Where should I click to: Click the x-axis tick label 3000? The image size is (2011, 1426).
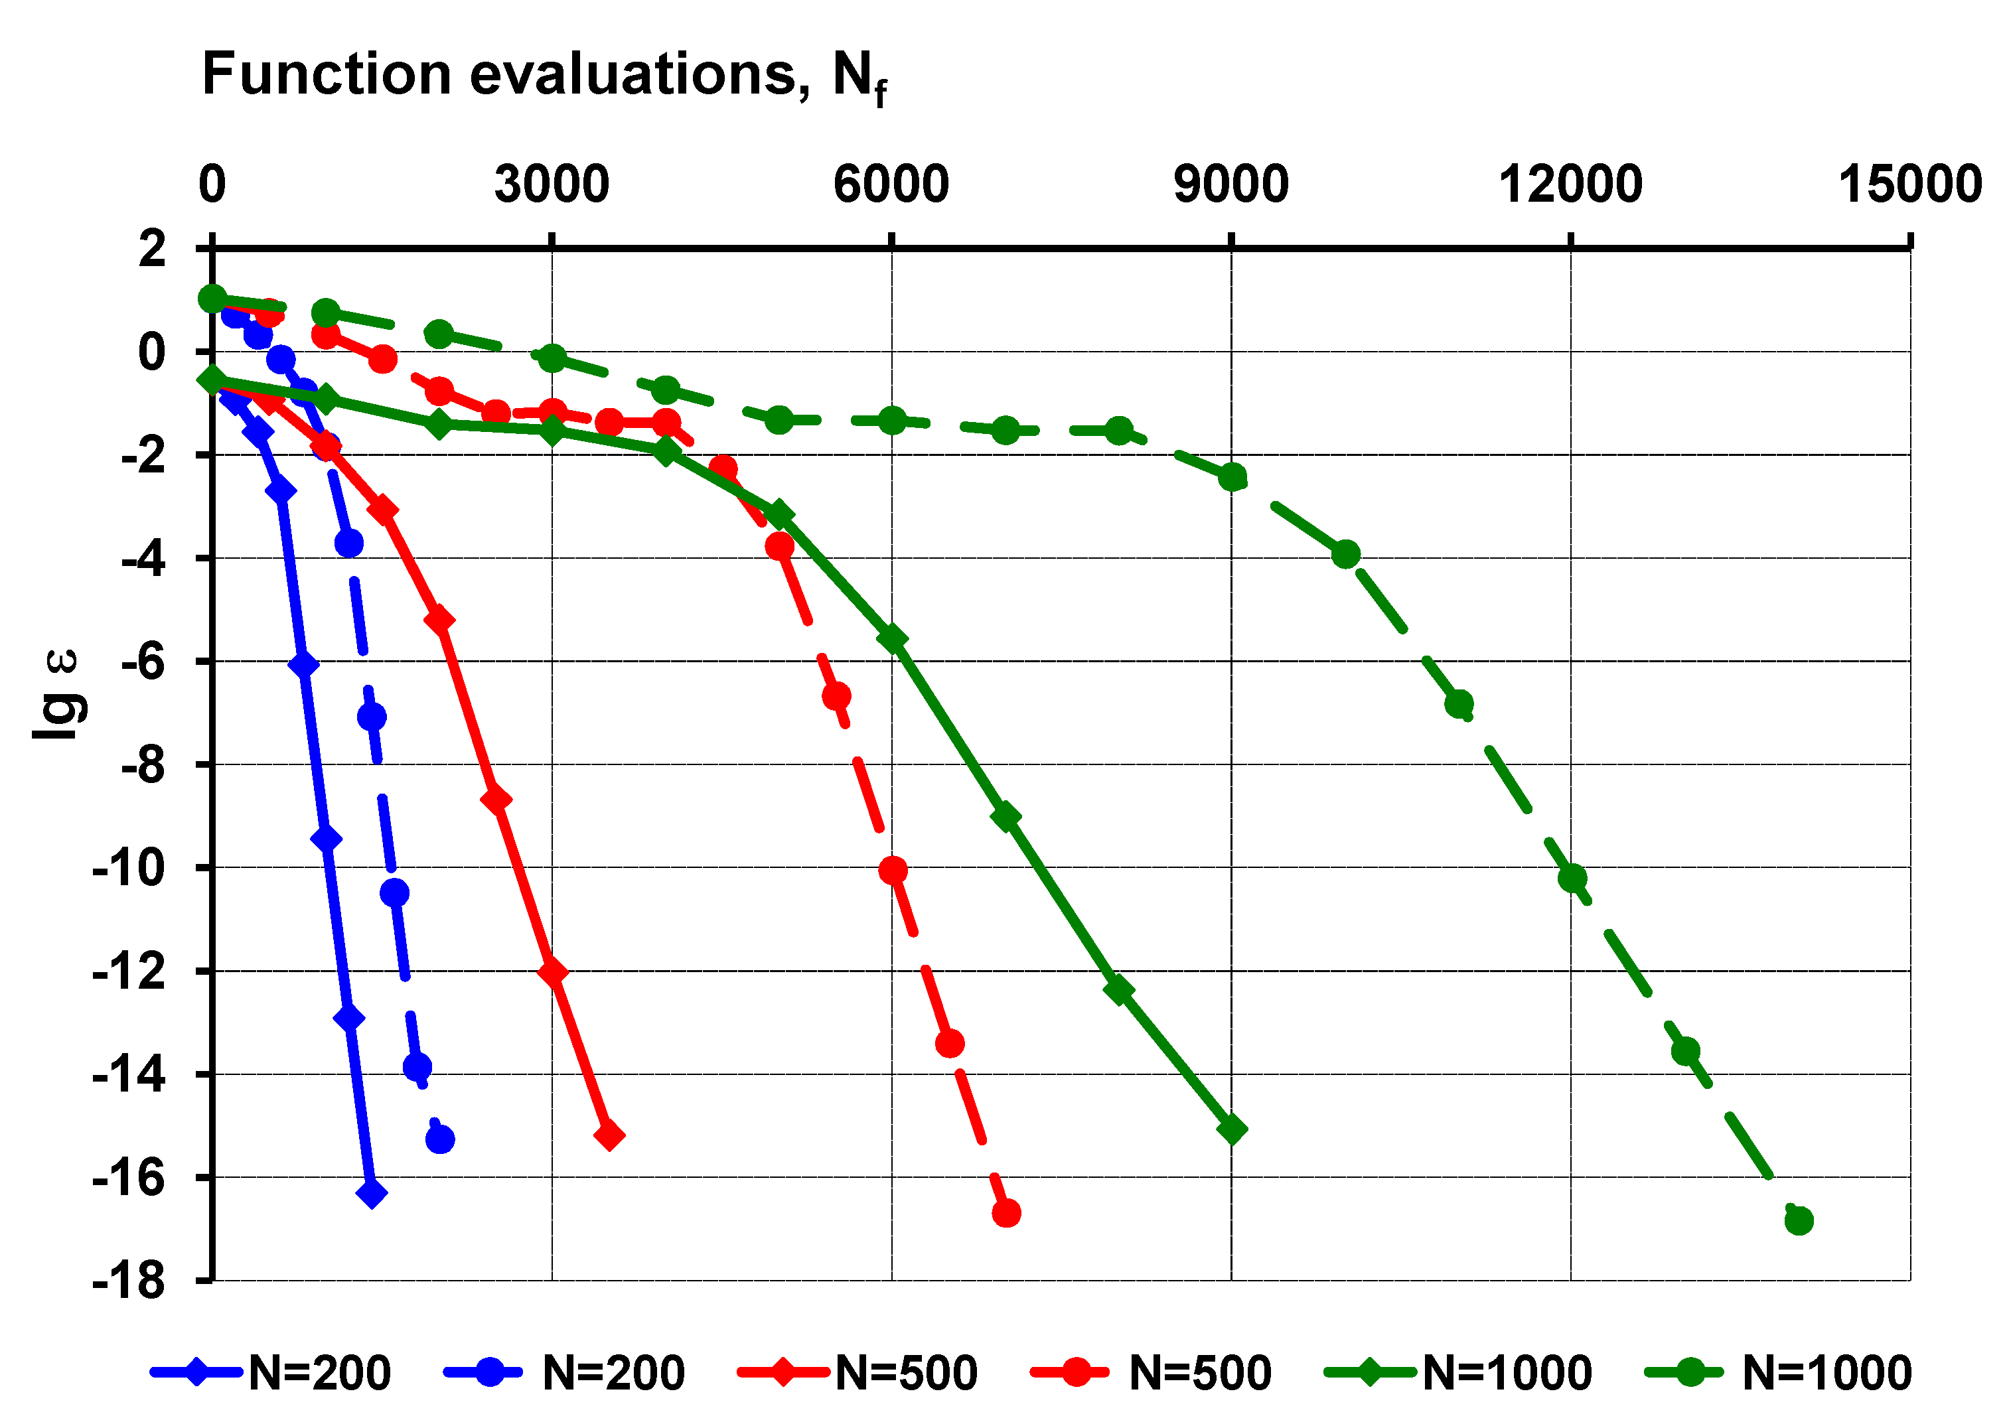[552, 184]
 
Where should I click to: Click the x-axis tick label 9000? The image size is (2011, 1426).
[1230, 184]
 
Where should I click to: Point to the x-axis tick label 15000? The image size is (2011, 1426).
[1909, 184]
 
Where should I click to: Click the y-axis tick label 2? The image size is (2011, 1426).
[151, 248]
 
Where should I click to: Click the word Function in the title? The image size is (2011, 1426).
[326, 74]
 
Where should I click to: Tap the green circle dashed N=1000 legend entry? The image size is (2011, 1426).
[1777, 1372]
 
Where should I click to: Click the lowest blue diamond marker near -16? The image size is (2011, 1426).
[372, 1192]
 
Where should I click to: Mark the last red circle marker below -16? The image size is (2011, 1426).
[1006, 1212]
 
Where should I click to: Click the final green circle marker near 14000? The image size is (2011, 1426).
[1799, 1220]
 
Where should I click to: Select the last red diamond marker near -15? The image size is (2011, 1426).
[609, 1135]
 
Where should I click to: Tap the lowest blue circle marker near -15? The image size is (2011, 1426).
[440, 1139]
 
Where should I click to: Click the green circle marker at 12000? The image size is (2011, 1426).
[1572, 878]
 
